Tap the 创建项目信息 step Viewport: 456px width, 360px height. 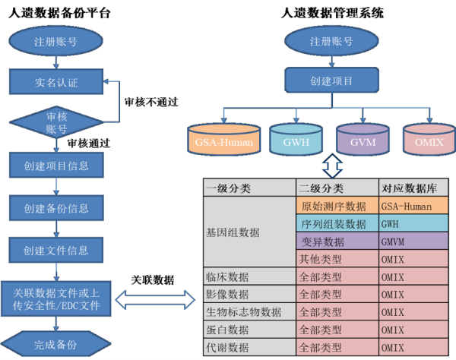(x=55, y=165)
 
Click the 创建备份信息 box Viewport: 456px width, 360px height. (x=55, y=207)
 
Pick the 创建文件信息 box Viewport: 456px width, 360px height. (x=55, y=249)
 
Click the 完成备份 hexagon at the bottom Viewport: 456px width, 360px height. (x=55, y=344)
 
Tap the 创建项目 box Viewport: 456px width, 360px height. (x=332, y=80)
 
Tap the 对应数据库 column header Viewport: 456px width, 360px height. (x=413, y=188)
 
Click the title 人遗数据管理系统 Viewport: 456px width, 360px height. (x=332, y=12)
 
